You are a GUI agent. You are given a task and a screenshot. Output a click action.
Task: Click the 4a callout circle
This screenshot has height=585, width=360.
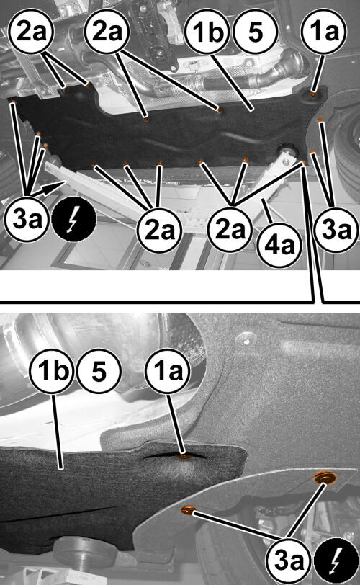[279, 246]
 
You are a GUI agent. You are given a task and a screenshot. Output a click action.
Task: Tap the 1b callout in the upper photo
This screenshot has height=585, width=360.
[207, 32]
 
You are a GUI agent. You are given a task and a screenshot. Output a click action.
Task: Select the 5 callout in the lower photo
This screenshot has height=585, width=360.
[99, 371]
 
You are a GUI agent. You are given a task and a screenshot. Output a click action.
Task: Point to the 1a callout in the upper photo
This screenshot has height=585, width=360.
[323, 32]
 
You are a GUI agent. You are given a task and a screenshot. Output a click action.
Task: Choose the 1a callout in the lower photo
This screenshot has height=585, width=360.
[168, 371]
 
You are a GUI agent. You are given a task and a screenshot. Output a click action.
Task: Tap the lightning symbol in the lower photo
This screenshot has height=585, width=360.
[336, 560]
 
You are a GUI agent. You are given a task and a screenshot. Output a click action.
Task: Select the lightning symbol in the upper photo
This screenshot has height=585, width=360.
[73, 218]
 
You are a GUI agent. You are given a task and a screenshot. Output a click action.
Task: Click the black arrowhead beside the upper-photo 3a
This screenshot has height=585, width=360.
[60, 184]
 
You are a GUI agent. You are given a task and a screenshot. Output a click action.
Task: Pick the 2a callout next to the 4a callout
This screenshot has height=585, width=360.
[230, 228]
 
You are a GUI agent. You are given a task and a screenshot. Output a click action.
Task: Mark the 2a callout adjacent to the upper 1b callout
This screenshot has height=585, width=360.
[107, 32]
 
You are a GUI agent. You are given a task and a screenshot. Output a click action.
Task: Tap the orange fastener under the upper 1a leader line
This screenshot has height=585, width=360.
[313, 95]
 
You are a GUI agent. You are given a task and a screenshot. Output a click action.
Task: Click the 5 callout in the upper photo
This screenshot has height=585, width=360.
[256, 32]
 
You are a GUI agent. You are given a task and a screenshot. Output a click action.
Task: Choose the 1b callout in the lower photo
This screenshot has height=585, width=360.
[52, 371]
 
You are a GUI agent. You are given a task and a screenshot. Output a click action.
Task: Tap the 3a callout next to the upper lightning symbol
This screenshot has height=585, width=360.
[27, 218]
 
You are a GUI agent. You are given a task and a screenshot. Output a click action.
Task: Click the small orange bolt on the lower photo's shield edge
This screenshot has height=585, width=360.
[187, 510]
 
